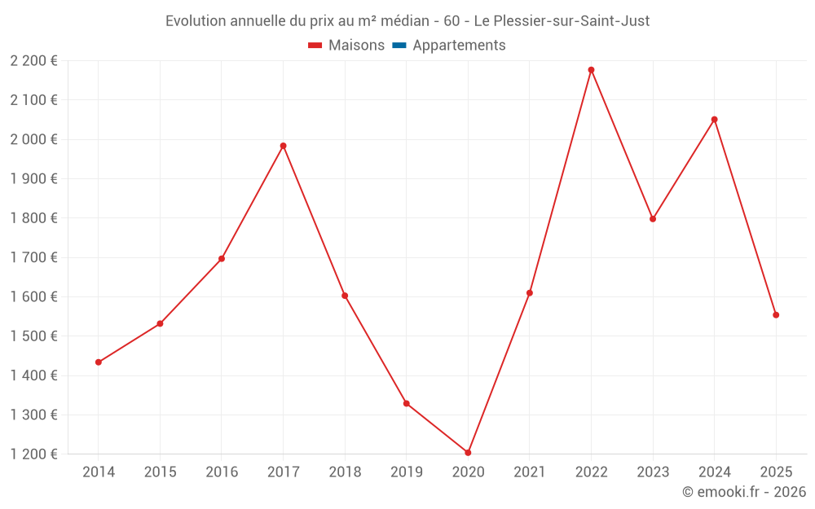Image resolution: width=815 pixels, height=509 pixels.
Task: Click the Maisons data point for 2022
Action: click(x=591, y=70)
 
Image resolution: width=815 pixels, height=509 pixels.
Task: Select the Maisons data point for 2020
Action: click(x=468, y=453)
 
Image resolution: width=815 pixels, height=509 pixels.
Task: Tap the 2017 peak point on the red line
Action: click(x=283, y=146)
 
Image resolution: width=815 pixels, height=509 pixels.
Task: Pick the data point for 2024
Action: click(x=714, y=120)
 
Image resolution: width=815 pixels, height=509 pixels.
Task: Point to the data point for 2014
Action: click(x=99, y=362)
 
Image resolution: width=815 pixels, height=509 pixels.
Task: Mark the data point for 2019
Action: click(x=406, y=403)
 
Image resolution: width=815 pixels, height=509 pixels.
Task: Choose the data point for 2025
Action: click(x=776, y=315)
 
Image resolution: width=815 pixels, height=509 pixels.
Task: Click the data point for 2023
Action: click(x=653, y=219)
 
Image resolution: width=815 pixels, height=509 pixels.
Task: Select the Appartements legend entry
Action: click(x=459, y=46)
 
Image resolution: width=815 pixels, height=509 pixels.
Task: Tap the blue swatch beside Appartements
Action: click(x=399, y=46)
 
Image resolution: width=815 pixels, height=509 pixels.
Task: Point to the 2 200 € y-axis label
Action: click(x=33, y=61)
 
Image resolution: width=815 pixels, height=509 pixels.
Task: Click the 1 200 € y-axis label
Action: click(x=33, y=454)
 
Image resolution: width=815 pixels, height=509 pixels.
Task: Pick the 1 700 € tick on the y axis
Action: click(x=33, y=257)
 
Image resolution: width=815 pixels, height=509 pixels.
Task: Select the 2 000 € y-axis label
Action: click(x=33, y=139)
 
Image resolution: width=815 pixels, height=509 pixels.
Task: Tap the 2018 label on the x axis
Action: click(x=345, y=472)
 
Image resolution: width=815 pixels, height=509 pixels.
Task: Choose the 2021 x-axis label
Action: click(x=529, y=472)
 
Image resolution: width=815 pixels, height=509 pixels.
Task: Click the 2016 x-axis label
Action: click(x=222, y=472)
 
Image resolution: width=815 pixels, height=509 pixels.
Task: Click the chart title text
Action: click(x=407, y=21)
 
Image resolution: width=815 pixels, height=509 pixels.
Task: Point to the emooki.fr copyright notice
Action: click(x=744, y=492)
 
